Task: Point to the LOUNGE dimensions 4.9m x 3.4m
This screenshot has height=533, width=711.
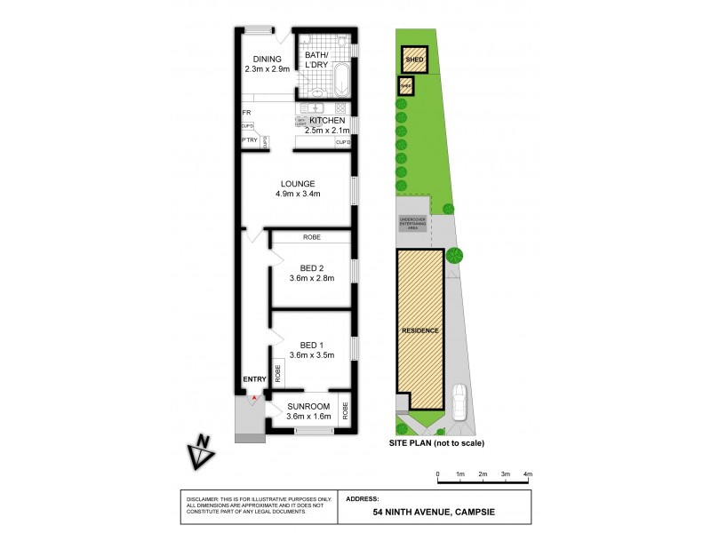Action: coord(298,195)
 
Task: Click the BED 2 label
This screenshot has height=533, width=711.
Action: coord(310,267)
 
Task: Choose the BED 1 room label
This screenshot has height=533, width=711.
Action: coord(310,345)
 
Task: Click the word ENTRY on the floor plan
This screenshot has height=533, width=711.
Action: coord(254,380)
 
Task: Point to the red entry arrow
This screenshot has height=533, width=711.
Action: coord(254,398)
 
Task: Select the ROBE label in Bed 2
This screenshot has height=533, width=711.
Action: coord(311,238)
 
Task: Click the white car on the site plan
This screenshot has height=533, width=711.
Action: coord(459,402)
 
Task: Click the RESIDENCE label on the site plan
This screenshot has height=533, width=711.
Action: coord(420,330)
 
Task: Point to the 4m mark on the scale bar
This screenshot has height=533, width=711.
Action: coord(527,475)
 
